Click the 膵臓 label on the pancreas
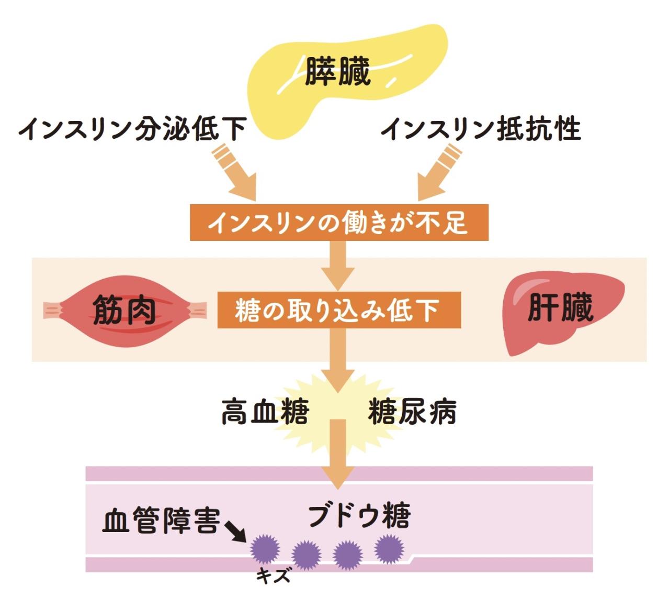coord(337,71)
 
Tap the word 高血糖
coord(265,411)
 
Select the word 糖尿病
coord(412,411)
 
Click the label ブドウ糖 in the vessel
coord(359,515)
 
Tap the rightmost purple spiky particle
coord(389,548)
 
